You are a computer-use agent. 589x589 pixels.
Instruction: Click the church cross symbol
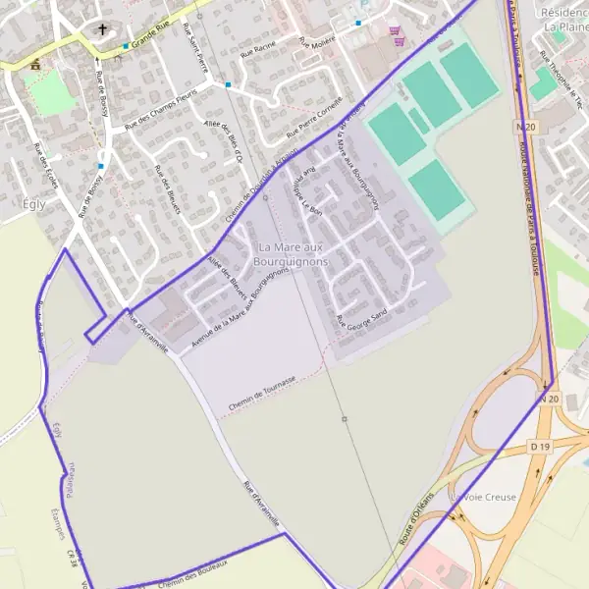tap(102, 30)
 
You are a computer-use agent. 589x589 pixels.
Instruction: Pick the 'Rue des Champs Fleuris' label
tap(161, 109)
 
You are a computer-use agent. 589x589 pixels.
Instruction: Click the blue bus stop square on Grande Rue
tap(126, 46)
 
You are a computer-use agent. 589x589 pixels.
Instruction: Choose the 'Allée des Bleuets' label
tap(228, 274)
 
